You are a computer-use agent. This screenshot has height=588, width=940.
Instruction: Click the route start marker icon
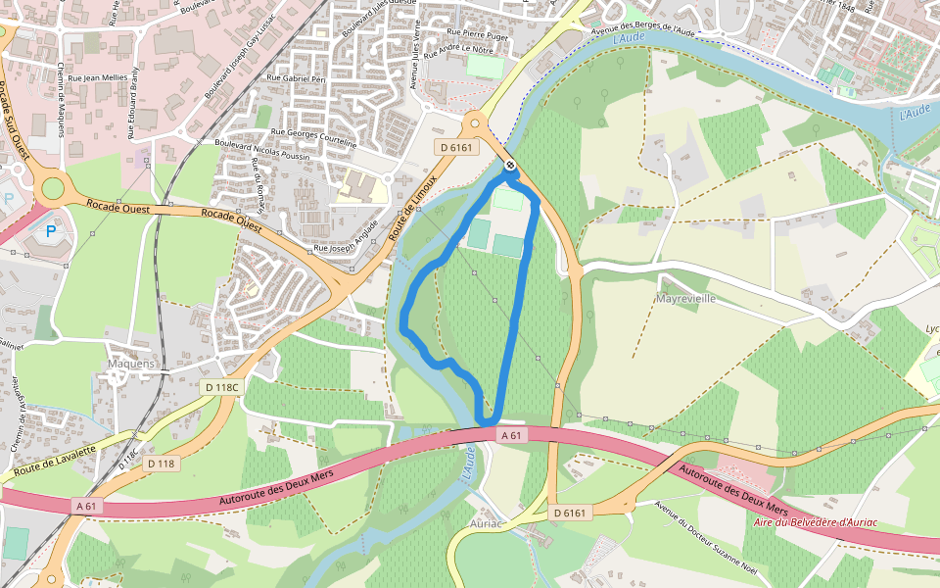[510, 165]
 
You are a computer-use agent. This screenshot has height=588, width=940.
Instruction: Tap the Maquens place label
[130, 364]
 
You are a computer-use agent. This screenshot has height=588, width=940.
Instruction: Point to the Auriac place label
[486, 524]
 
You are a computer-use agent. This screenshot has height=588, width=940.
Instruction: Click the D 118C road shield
[221, 387]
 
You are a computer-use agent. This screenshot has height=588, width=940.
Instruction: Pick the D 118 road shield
[161, 463]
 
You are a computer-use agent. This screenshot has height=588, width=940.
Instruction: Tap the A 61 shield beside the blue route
[510, 434]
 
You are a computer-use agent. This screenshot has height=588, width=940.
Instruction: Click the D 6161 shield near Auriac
[569, 513]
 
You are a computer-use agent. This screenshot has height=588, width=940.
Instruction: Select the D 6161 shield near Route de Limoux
[455, 148]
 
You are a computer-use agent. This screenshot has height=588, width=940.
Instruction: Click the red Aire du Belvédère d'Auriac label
[816, 522]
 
